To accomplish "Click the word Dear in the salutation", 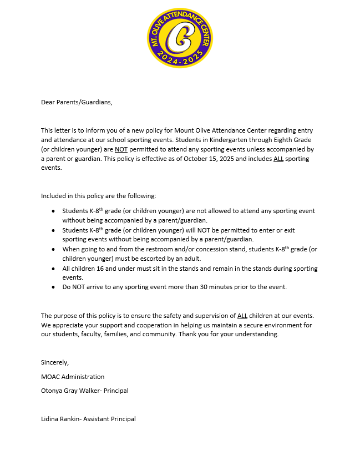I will tap(48, 102).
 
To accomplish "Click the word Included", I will tap(54, 196).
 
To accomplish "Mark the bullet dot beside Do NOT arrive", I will tap(53, 287).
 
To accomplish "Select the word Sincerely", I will tap(55, 362).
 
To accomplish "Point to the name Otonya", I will tap(52, 391).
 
